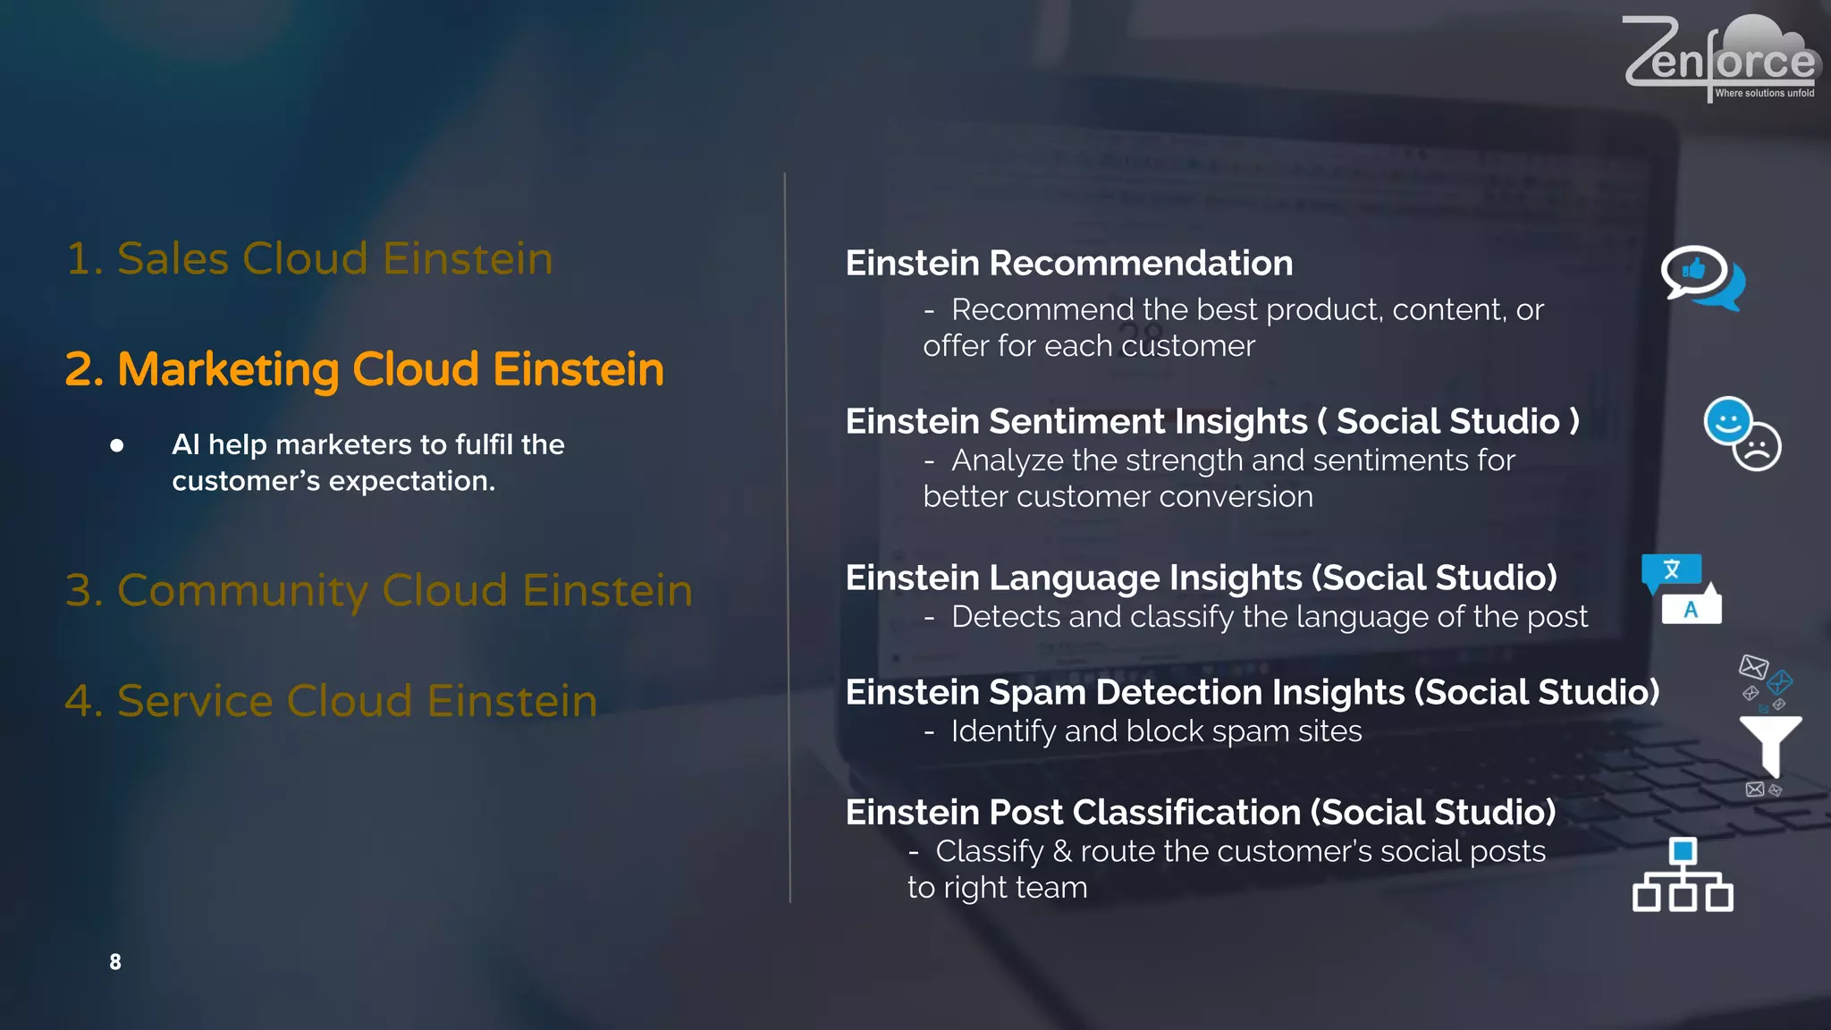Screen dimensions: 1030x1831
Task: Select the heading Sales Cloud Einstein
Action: [309, 259]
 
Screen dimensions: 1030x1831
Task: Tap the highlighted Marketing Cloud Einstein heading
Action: [365, 369]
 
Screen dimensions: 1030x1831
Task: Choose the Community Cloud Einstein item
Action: [379, 590]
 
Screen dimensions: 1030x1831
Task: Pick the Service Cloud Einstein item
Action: [331, 701]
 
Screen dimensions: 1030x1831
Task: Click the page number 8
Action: [115, 962]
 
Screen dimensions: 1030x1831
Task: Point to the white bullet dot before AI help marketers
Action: [117, 445]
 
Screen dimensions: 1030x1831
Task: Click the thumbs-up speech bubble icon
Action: [1695, 272]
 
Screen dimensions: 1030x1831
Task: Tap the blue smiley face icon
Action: [1727, 420]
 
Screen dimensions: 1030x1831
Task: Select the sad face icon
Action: [1758, 447]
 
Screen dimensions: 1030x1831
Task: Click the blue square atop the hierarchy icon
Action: [1683, 850]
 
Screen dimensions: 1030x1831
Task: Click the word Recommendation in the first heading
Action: [1141, 264]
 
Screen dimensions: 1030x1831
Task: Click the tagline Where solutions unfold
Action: [1764, 93]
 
